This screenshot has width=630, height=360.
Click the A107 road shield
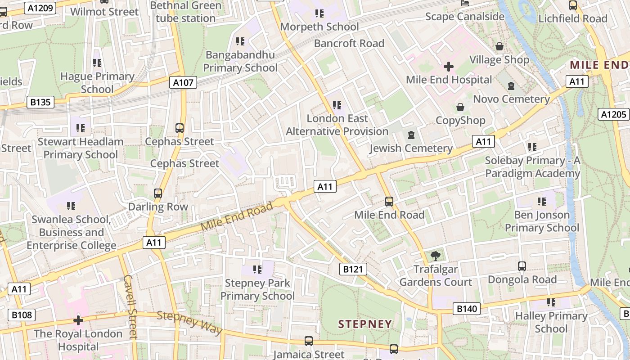[183, 82]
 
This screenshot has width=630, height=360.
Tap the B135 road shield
[40, 102]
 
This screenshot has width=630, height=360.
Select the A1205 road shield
[614, 114]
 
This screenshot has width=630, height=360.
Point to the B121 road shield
[353, 269]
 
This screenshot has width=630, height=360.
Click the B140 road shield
[466, 309]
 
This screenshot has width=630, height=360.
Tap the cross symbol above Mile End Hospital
[449, 67]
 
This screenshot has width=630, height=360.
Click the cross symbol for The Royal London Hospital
[78, 320]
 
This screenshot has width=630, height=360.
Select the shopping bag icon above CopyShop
[460, 107]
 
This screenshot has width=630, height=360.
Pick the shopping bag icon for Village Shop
[499, 46]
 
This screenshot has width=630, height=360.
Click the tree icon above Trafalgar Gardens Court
[435, 256]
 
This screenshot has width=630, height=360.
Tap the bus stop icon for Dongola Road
[522, 266]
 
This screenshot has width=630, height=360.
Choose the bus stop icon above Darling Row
[158, 193]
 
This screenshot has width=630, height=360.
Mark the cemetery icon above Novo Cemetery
[511, 85]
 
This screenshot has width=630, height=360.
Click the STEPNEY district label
[365, 324]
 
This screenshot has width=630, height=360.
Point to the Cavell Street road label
[130, 307]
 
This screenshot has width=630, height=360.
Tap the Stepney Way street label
[189, 322]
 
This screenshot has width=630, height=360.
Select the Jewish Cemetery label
[411, 148]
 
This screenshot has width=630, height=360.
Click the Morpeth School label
[319, 27]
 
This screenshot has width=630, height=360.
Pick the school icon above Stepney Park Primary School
[257, 270]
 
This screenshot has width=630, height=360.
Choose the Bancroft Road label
[349, 43]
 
